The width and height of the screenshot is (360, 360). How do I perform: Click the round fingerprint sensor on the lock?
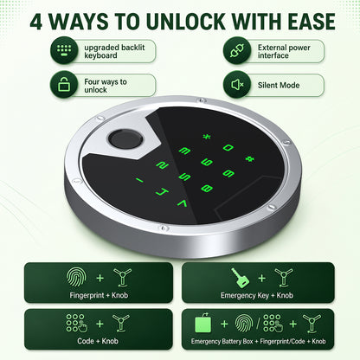[125, 139]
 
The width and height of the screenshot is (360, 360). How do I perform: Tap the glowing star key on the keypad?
[207, 137]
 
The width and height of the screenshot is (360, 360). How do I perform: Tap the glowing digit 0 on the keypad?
[228, 148]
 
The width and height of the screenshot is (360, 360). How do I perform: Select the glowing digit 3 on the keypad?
[184, 151]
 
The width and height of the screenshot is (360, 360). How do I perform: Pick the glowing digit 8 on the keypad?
[207, 189]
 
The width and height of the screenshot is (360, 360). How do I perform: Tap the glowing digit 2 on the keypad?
[163, 164]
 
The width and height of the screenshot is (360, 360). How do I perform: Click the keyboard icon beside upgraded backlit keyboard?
[64, 51]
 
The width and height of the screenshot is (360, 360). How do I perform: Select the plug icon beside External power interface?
[237, 51]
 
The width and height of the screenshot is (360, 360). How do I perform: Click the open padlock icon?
[64, 84]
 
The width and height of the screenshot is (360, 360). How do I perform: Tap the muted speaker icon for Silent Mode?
[237, 85]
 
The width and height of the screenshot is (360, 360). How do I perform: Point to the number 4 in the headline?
[36, 22]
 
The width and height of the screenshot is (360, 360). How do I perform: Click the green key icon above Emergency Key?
[240, 278]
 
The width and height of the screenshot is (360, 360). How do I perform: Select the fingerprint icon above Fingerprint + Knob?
[76, 278]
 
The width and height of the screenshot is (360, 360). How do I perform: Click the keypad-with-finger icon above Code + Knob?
[77, 324]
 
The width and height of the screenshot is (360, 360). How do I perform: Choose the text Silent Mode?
[279, 85]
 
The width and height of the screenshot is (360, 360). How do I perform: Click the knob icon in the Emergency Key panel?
[283, 278]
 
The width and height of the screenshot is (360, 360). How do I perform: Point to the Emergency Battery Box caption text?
[222, 342]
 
